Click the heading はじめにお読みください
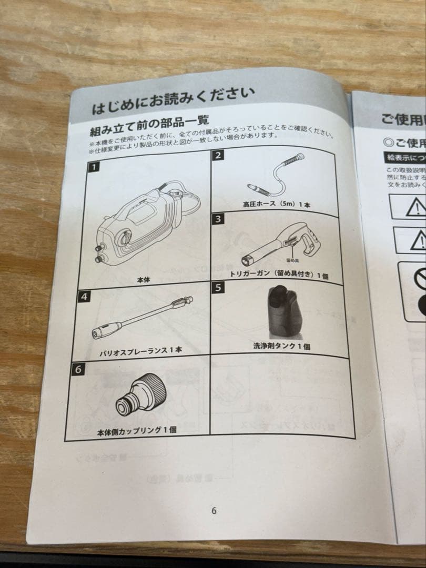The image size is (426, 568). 174,102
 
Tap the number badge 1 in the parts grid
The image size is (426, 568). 93,168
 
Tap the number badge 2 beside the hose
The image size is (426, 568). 218,155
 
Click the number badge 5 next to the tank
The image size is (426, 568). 218,288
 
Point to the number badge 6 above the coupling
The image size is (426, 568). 78,369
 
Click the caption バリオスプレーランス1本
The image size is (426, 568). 140,350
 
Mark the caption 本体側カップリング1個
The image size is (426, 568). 137,430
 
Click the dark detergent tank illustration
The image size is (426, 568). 286,311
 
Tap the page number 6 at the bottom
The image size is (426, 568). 214,511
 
